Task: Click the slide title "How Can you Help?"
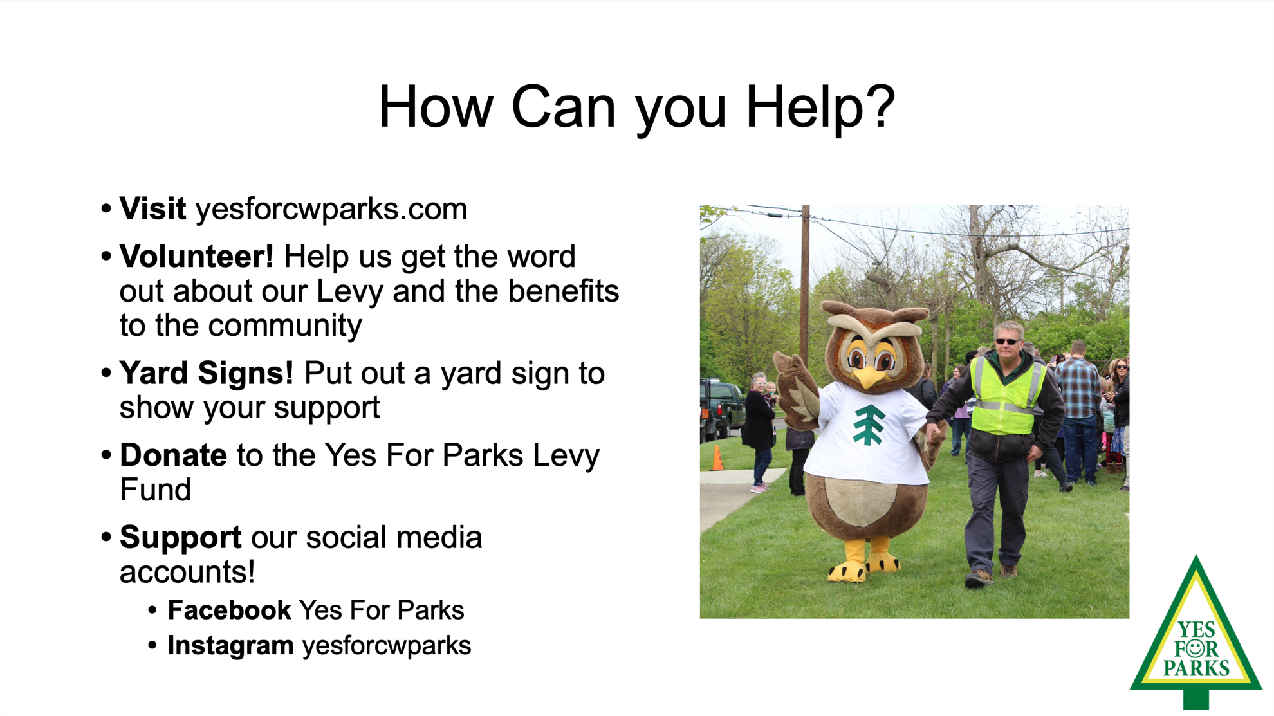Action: point(636,107)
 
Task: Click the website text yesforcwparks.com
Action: point(331,209)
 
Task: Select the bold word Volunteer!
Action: point(197,257)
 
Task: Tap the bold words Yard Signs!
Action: point(207,374)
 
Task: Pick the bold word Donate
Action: point(173,455)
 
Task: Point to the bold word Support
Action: point(181,538)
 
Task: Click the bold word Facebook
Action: point(229,610)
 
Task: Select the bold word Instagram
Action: point(230,646)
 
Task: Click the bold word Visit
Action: point(152,209)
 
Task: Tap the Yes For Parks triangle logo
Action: point(1196,634)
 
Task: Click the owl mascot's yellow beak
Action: point(871,376)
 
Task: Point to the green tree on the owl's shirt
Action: point(869,425)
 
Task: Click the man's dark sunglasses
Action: point(1007,341)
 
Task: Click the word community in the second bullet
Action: point(285,326)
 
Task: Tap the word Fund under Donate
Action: point(156,490)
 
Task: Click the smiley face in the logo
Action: point(1195,647)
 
